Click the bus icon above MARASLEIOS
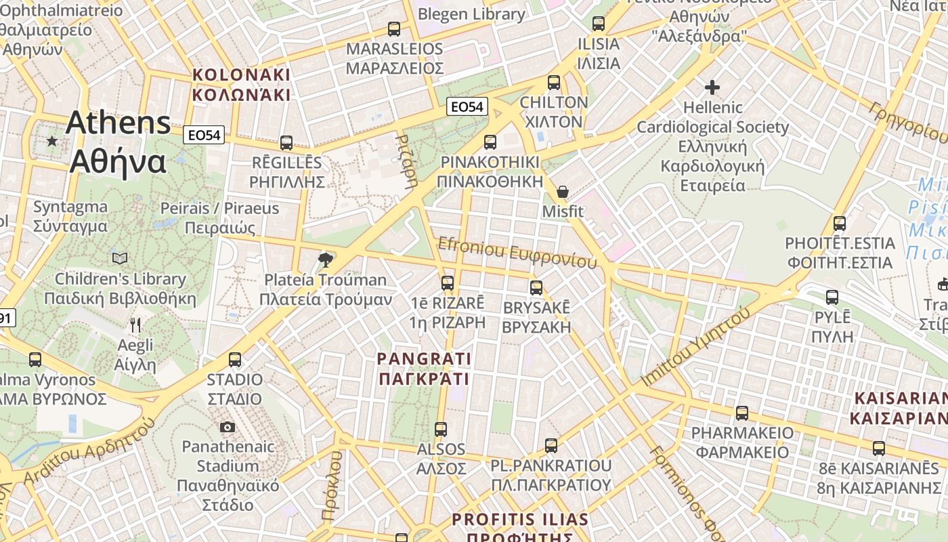(393, 29)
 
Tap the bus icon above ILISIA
(598, 24)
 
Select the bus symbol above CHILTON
(554, 83)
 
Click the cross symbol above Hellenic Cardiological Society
(712, 87)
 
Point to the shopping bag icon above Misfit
(562, 192)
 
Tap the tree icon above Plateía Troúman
(326, 259)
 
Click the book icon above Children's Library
(120, 258)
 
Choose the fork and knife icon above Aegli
(135, 325)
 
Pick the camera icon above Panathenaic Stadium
(228, 427)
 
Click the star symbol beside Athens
(52, 141)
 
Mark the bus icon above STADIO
(235, 360)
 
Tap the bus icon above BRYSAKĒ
(536, 288)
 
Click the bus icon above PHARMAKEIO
(742, 413)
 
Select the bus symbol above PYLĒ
(832, 297)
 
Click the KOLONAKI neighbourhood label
(241, 85)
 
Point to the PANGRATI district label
(424, 368)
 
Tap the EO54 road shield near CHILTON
(468, 106)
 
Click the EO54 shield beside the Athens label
(204, 135)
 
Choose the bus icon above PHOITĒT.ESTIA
(840, 223)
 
